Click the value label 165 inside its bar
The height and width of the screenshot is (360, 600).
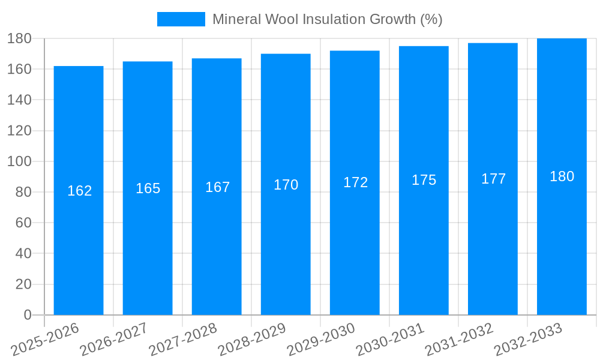(x=148, y=188)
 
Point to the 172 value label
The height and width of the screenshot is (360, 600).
(x=355, y=182)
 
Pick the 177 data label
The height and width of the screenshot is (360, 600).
(x=493, y=179)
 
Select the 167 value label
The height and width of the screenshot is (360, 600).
(x=217, y=187)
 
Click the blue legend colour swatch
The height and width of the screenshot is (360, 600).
(x=181, y=19)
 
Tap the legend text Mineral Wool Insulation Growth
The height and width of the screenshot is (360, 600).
(x=327, y=19)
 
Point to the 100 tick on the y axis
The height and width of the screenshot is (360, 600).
(x=19, y=161)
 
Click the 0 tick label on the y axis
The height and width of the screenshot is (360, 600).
(x=27, y=315)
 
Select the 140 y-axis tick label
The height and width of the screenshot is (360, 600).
(x=19, y=100)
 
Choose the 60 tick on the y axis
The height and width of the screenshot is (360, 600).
(x=23, y=223)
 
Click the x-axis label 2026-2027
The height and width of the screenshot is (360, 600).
(x=114, y=340)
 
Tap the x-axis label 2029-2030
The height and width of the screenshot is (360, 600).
(x=321, y=340)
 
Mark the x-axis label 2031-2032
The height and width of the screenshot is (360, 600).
(x=459, y=340)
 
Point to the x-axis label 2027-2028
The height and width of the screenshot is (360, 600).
(x=183, y=340)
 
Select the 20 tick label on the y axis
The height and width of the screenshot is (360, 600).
(x=23, y=284)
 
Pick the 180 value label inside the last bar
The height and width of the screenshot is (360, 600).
(x=562, y=176)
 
